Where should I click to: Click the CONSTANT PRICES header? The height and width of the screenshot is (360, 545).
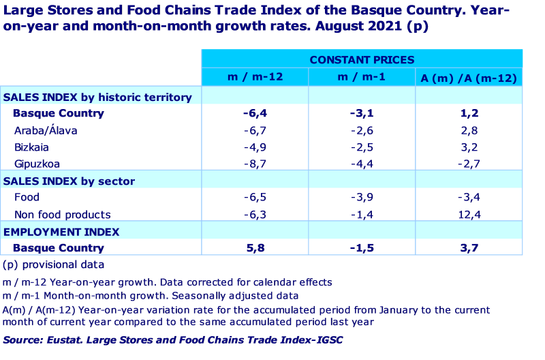pyautogui.click(x=362, y=59)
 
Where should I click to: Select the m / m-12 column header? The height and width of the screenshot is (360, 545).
pyautogui.click(x=255, y=77)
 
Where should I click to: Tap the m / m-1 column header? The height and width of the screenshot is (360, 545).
pyautogui.click(x=362, y=77)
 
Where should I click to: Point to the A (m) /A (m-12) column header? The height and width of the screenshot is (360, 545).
pyautogui.click(x=469, y=78)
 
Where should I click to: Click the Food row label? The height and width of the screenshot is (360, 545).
pyautogui.click(x=27, y=198)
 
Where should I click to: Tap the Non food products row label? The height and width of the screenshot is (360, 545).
pyautogui.click(x=62, y=215)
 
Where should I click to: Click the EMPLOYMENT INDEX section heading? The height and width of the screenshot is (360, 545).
pyautogui.click(x=61, y=232)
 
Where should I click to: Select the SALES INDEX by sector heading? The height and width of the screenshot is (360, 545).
pyautogui.click(x=69, y=181)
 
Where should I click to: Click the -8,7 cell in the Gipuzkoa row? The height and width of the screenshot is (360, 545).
pyautogui.click(x=255, y=164)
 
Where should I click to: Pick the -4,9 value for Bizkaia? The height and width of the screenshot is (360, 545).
pyautogui.click(x=255, y=147)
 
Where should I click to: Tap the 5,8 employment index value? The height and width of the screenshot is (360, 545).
pyautogui.click(x=255, y=248)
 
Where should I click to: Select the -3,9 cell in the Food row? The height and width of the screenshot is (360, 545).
pyautogui.click(x=362, y=198)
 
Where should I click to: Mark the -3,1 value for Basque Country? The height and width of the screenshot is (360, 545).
pyautogui.click(x=362, y=113)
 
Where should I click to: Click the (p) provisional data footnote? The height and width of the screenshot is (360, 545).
pyautogui.click(x=53, y=265)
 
